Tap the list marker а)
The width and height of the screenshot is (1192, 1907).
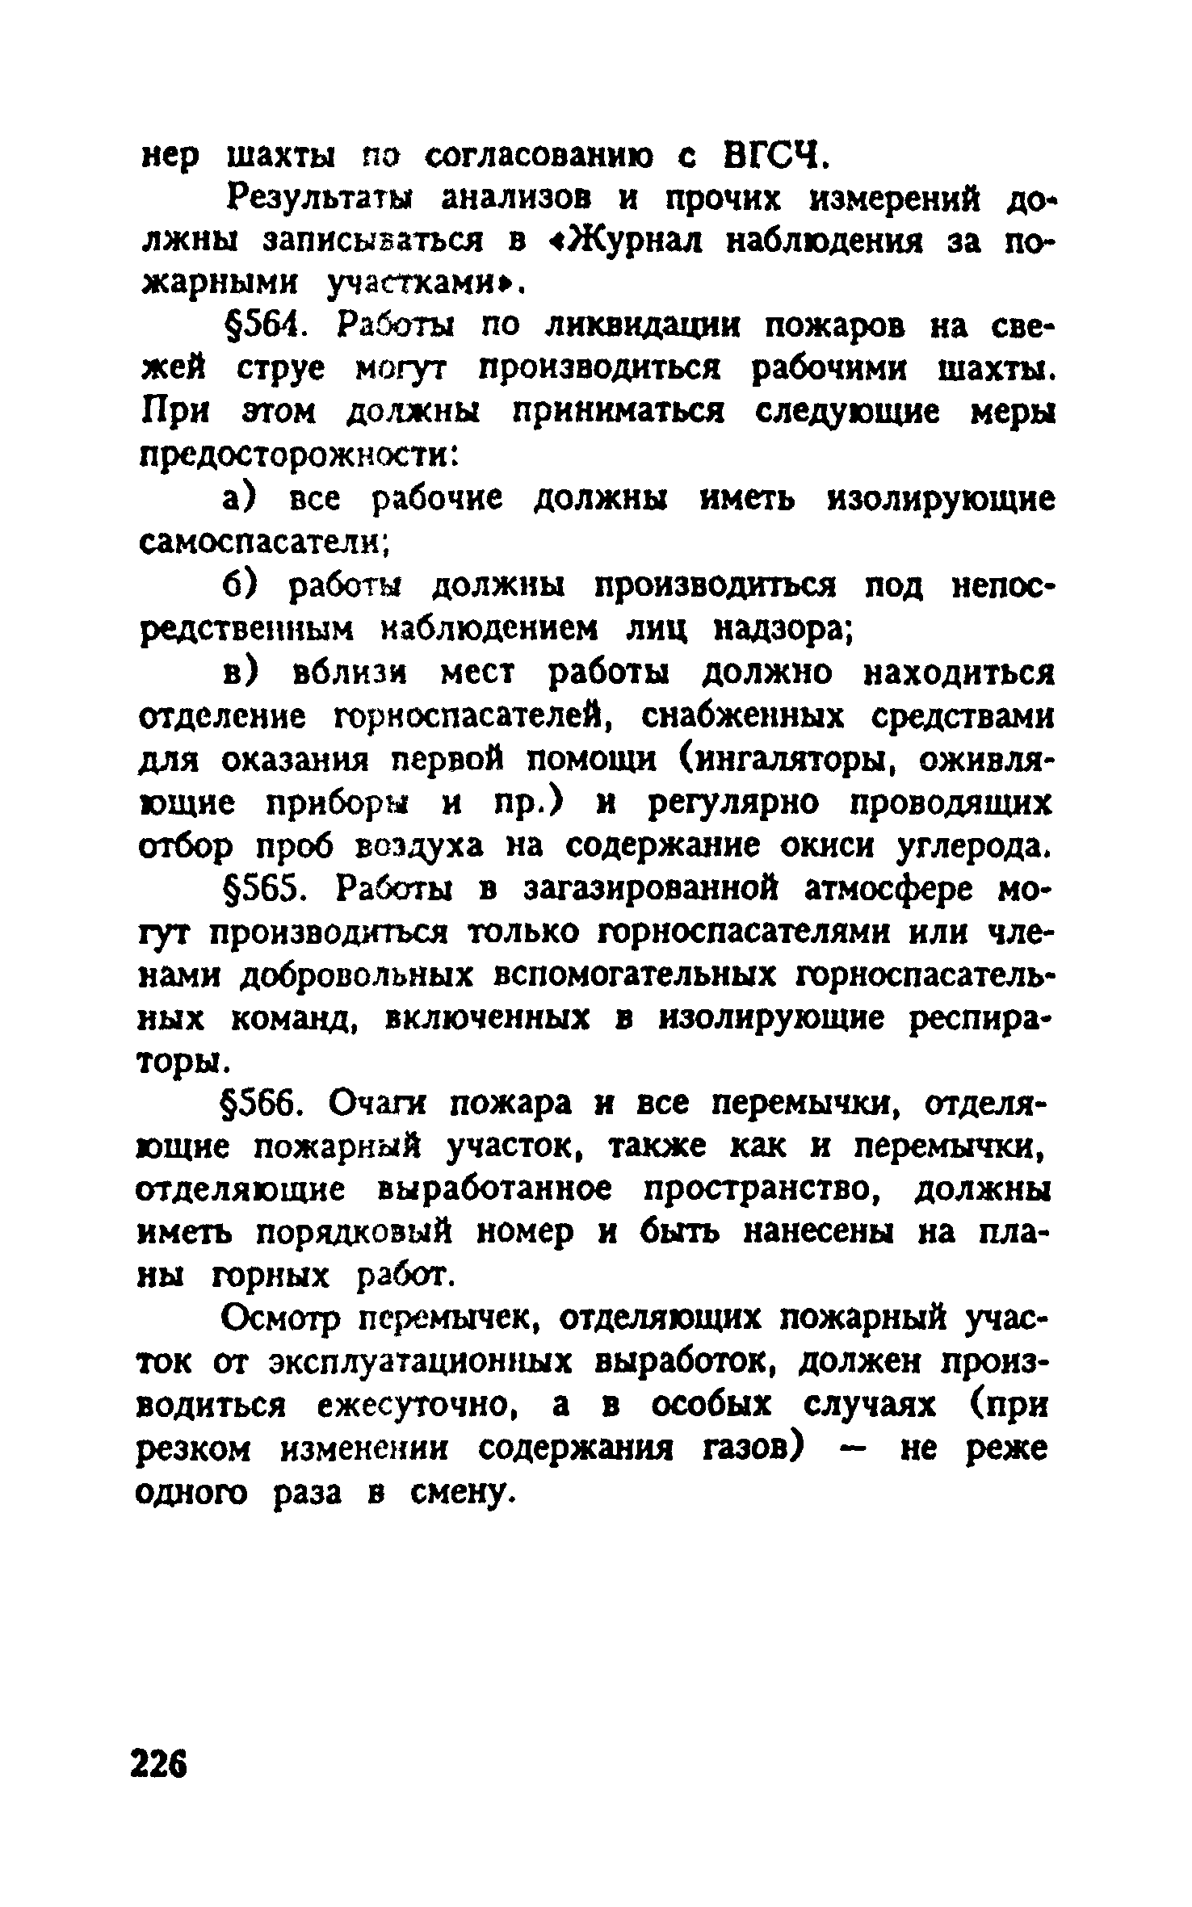coord(240,501)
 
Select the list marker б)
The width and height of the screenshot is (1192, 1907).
coord(240,586)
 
